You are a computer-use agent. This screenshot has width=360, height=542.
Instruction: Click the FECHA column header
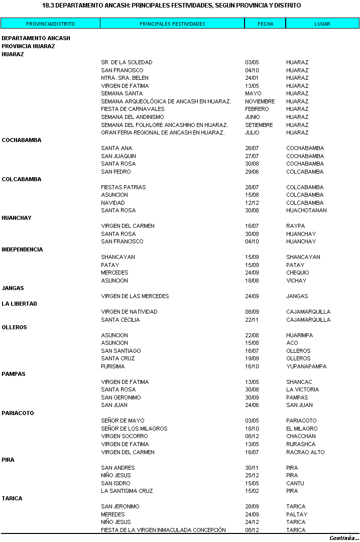click(x=265, y=24)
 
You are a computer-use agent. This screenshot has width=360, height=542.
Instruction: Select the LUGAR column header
click(x=322, y=24)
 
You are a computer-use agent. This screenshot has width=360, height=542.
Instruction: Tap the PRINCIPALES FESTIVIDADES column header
click(x=172, y=24)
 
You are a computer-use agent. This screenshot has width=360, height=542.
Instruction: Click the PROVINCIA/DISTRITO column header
click(x=50, y=24)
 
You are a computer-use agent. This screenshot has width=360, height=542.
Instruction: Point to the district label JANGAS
click(x=13, y=288)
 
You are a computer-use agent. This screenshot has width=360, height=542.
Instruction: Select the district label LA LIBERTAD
click(x=19, y=304)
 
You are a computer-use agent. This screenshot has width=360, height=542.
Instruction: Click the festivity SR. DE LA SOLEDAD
click(x=127, y=62)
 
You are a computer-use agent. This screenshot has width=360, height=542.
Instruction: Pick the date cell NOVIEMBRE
click(x=260, y=101)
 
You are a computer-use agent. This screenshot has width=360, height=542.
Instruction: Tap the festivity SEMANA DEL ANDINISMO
click(x=132, y=117)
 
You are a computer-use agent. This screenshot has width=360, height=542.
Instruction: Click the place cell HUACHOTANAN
click(x=306, y=210)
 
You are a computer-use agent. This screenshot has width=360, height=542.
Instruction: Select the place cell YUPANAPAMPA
click(x=306, y=366)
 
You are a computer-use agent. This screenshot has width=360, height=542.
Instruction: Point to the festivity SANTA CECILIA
click(x=121, y=320)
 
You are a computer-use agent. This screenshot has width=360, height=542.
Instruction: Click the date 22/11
click(x=252, y=320)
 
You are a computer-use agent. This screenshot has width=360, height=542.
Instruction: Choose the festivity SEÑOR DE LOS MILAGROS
click(x=134, y=429)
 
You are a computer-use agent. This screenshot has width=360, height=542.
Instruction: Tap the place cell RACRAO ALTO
click(x=305, y=452)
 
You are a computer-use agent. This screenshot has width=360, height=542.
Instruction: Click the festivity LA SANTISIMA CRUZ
click(x=127, y=491)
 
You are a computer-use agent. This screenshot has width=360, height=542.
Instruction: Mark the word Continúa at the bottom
click(x=344, y=537)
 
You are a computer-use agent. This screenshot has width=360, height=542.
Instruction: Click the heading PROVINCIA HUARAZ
click(x=28, y=46)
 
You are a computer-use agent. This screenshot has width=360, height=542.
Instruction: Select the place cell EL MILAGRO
click(x=302, y=429)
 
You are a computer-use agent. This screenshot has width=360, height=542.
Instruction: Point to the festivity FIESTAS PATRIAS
click(x=124, y=187)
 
